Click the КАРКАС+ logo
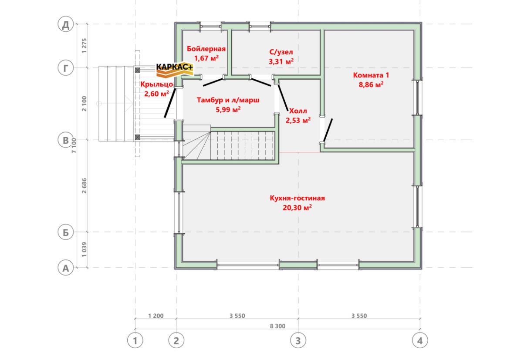[175, 70]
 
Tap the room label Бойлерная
[206, 49]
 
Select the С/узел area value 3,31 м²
[281, 61]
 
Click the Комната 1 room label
[371, 75]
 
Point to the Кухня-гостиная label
[297, 198]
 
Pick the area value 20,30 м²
[297, 208]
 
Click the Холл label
[298, 111]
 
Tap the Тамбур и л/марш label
[228, 100]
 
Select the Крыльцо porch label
[156, 84]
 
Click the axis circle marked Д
[66, 24]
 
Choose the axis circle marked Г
[66, 68]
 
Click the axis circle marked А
[66, 268]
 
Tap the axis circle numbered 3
[298, 340]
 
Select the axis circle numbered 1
[135, 340]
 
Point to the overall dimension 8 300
[278, 326]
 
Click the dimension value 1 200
[156, 316]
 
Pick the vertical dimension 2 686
[84, 186]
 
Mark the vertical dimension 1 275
[84, 46]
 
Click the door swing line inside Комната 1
[328, 130]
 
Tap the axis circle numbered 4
[420, 340]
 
